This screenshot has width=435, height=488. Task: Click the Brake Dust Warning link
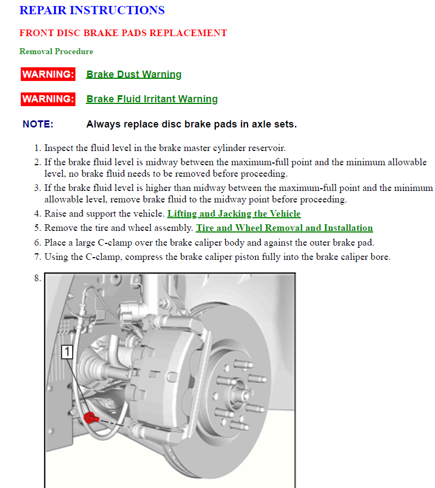point(134,74)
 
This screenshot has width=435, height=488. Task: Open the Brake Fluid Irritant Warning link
point(152,99)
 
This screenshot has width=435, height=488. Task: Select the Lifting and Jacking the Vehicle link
point(234,213)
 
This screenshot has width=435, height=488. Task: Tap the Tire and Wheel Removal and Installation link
point(284,228)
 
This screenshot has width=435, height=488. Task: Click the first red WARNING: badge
point(48,74)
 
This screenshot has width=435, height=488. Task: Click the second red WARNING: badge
point(48,99)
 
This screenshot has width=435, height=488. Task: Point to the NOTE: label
point(38,124)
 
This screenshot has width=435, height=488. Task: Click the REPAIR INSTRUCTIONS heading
point(92,10)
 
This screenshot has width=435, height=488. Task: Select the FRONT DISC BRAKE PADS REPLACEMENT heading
point(123,33)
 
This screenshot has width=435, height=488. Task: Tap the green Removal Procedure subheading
point(56,51)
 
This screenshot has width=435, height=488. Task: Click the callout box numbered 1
point(67,352)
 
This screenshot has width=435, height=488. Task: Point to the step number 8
point(37,278)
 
